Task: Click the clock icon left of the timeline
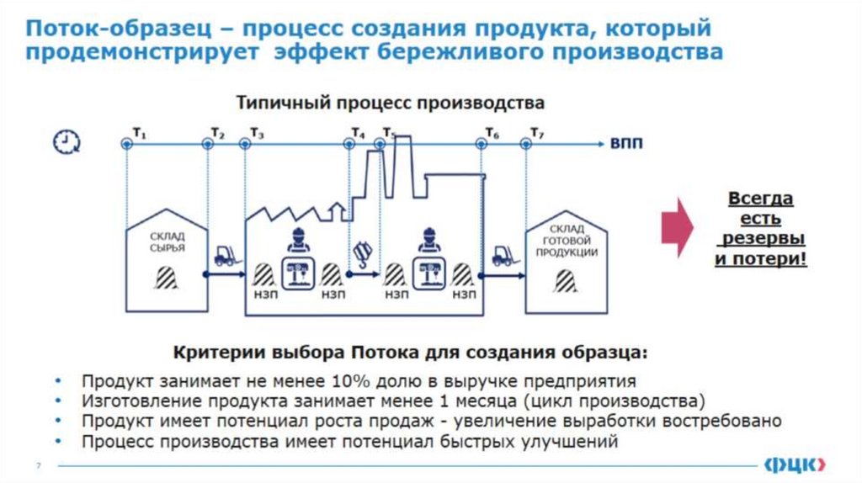(x=65, y=142)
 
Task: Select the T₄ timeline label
(x=359, y=133)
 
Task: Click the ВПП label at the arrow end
(x=626, y=144)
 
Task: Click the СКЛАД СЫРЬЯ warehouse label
(x=167, y=243)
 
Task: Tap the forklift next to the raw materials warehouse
(x=225, y=256)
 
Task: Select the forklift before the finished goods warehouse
(x=503, y=255)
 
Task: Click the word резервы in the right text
(x=759, y=239)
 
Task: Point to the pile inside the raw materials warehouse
(x=167, y=276)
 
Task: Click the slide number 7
(x=37, y=465)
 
